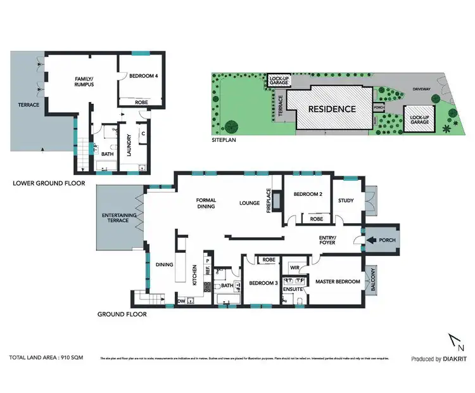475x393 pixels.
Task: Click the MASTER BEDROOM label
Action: coord(337,281)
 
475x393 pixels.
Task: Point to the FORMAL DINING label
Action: coord(205,203)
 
